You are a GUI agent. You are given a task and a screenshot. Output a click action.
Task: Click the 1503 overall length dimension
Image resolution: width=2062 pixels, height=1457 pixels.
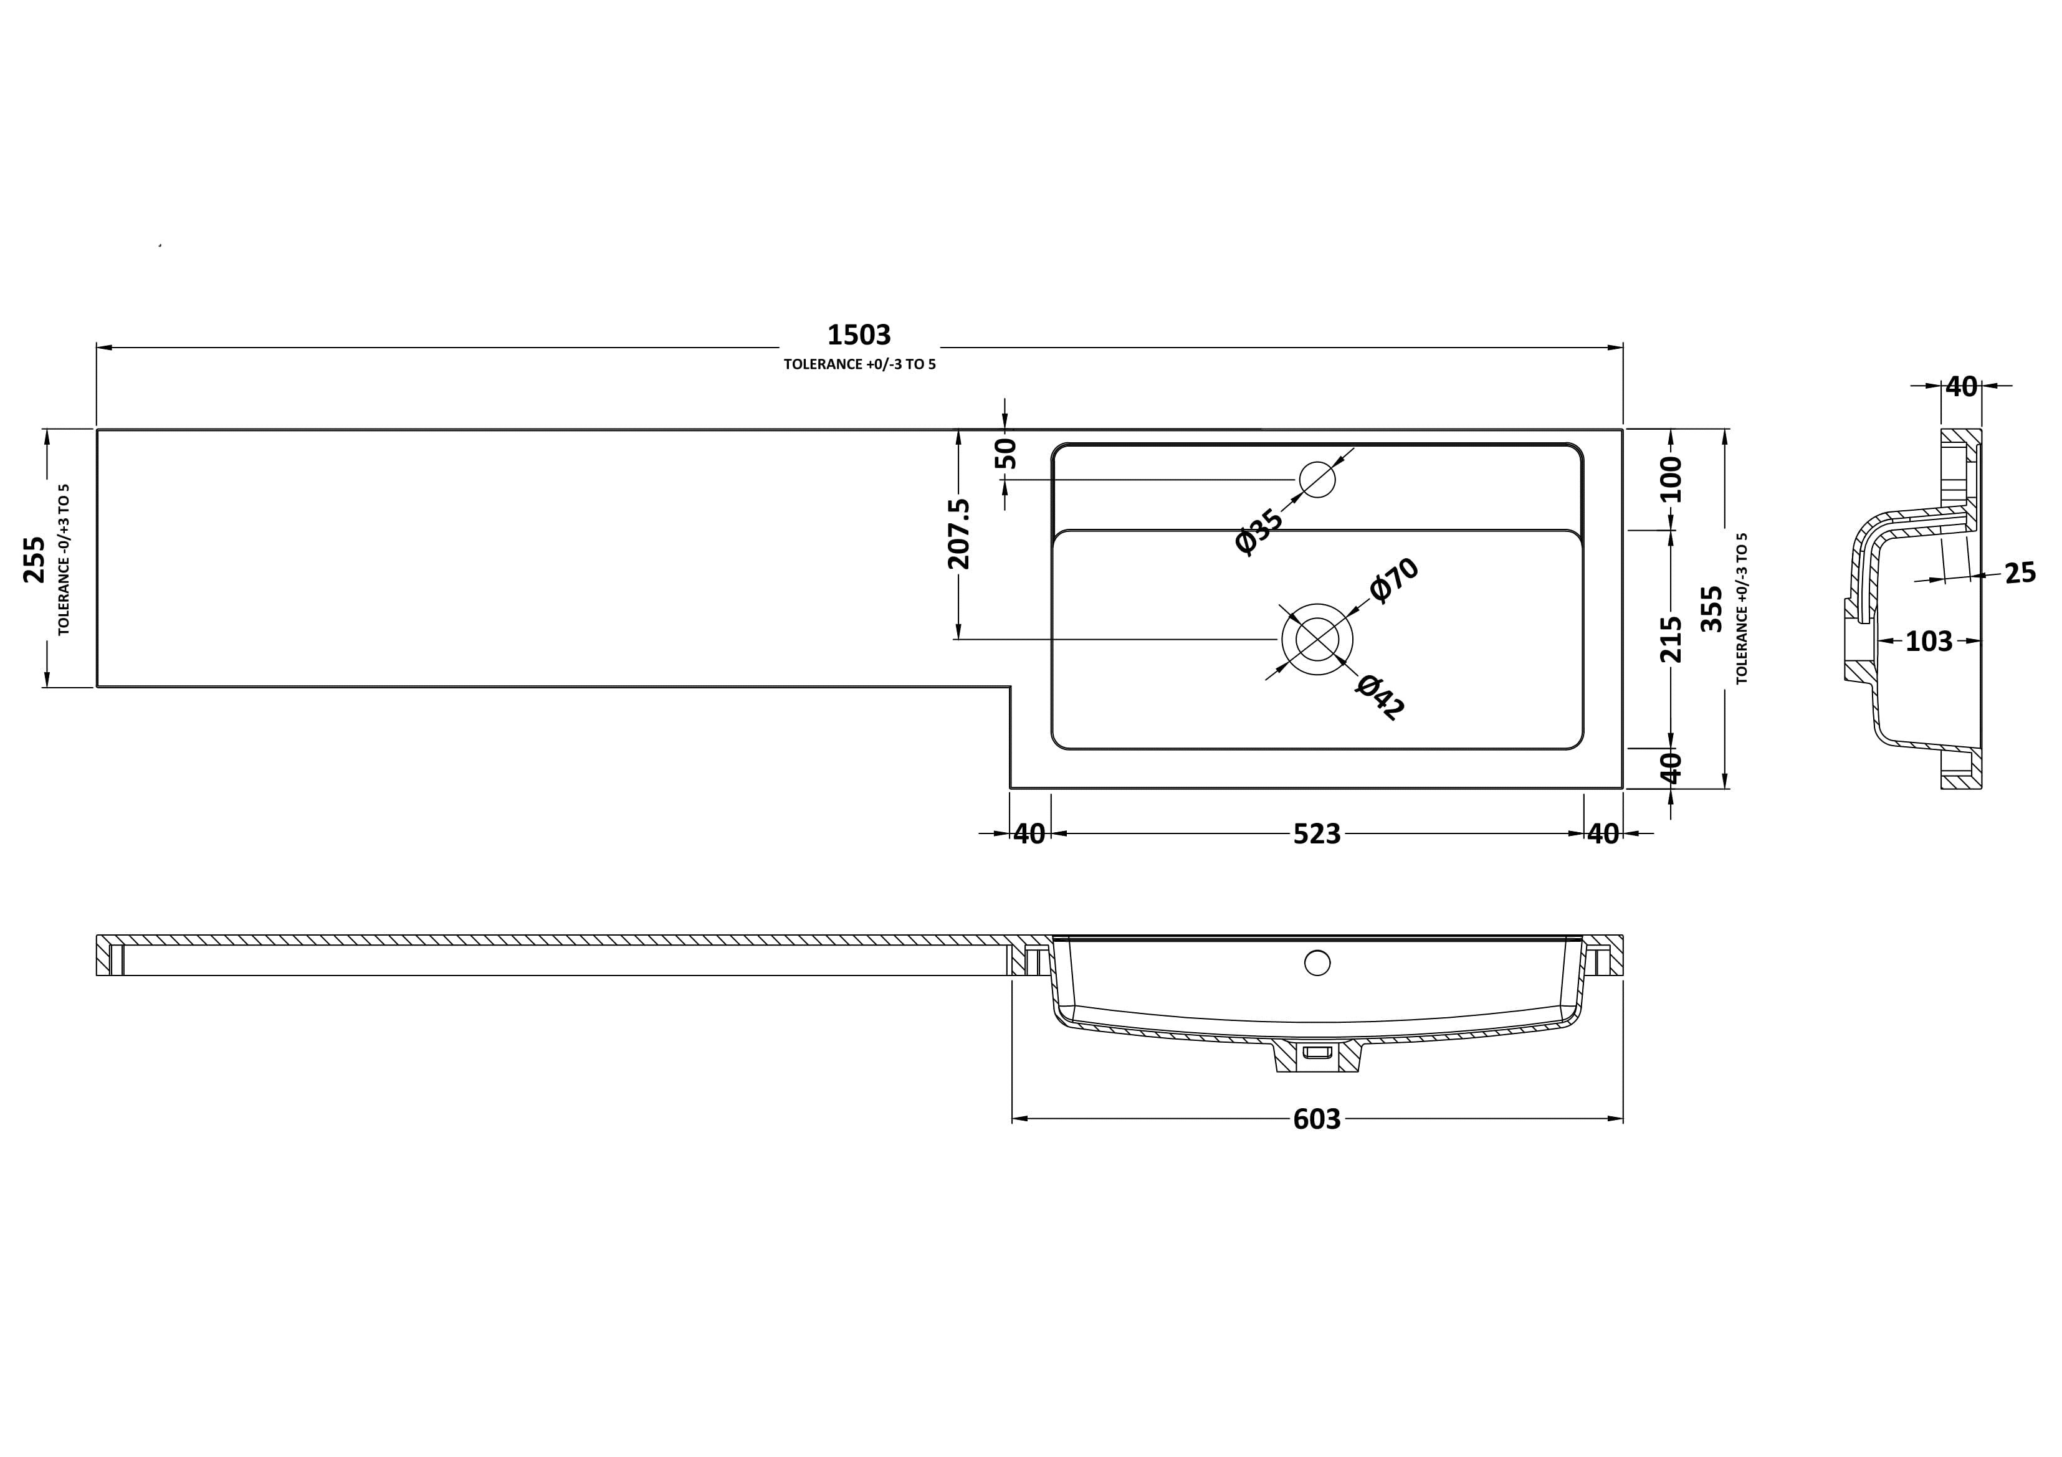859,335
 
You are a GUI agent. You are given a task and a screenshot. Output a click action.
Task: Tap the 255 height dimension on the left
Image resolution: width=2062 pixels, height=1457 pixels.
34,559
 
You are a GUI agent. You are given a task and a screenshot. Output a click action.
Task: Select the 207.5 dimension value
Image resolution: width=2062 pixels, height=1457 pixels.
959,533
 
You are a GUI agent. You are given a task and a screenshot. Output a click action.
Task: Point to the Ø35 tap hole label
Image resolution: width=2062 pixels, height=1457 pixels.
1259,531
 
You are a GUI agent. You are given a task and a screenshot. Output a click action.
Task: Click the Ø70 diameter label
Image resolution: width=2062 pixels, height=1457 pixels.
1394,579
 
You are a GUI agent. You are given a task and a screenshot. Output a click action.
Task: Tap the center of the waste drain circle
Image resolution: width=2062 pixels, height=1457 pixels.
1317,639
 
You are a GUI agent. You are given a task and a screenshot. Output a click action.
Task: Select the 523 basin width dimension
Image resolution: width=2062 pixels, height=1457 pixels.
1317,834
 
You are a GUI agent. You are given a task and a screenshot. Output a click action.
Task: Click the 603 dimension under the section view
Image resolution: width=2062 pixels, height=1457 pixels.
1317,1119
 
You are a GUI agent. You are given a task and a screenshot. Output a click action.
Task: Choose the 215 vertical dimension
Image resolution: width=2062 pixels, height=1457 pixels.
1671,638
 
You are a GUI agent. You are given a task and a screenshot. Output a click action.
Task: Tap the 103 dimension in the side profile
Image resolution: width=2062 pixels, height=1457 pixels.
1929,641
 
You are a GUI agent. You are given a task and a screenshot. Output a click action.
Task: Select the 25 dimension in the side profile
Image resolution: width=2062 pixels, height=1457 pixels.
2021,572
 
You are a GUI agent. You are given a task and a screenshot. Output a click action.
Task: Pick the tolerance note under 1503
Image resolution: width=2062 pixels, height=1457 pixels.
859,364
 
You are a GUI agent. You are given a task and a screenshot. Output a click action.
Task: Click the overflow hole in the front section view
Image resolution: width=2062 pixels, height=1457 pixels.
1317,963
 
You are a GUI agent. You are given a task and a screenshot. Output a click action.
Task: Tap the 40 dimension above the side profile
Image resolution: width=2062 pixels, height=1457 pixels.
1962,387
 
